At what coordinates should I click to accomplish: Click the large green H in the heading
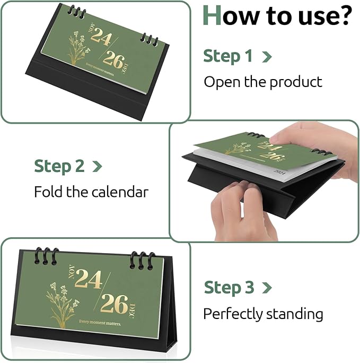213,16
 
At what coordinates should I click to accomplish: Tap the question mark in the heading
344,16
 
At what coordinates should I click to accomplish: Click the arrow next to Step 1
267,57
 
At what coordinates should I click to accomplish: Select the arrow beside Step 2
97,166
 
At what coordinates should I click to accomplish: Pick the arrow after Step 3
267,288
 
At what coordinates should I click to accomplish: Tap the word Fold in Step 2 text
48,192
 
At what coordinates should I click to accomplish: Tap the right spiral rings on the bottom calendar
142,260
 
